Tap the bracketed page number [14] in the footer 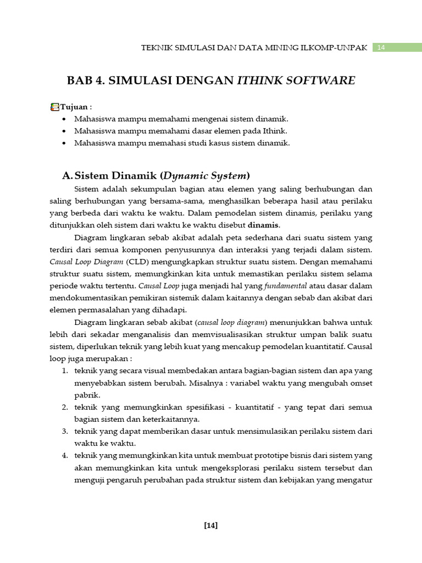(x=210, y=525)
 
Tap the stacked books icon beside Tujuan (x=54, y=107)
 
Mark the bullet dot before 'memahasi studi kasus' (x=65, y=143)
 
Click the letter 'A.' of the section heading (x=68, y=176)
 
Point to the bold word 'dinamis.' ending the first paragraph (x=264, y=224)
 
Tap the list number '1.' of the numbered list (x=64, y=371)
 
